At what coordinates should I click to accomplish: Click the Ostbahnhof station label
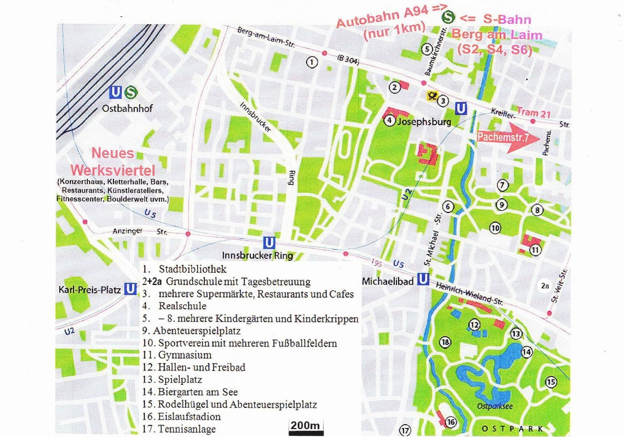(x=127, y=108)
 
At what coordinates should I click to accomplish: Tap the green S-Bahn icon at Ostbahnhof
(x=130, y=93)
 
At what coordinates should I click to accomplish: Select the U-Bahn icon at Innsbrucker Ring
(x=269, y=243)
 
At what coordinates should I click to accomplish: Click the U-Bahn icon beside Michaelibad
(x=423, y=279)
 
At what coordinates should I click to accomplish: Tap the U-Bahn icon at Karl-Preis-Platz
(x=130, y=289)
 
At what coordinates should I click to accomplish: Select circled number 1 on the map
(x=311, y=62)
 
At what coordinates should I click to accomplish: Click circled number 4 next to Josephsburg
(x=389, y=121)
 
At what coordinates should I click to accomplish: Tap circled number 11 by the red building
(x=535, y=250)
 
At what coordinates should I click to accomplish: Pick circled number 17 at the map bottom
(x=405, y=430)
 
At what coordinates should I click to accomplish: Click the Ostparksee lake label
(x=495, y=406)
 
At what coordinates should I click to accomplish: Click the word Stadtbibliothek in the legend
(x=192, y=269)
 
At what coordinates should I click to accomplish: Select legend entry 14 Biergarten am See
(x=190, y=392)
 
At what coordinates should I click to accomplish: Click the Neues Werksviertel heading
(x=112, y=161)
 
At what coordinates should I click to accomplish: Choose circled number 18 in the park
(x=445, y=342)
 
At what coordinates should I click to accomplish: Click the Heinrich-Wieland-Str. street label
(x=469, y=294)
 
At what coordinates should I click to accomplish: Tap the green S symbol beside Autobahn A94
(x=448, y=17)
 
